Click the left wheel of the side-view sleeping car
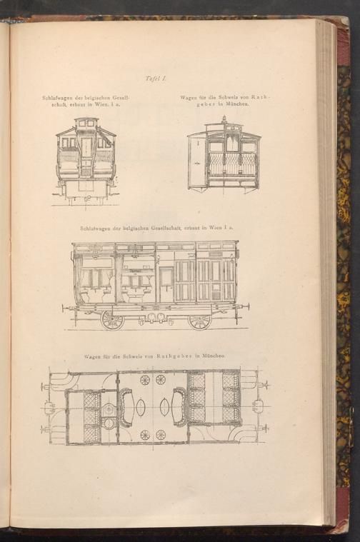(112, 320)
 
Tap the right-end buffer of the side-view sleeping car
(245, 307)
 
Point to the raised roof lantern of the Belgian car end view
(86, 124)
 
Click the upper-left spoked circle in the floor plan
(144, 379)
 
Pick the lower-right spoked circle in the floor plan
(161, 434)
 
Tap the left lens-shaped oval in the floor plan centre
(140, 407)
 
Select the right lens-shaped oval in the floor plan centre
(164, 407)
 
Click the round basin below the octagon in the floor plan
(109, 423)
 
